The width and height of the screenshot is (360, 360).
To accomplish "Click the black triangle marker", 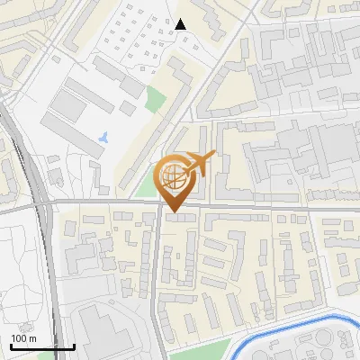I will point(181,24).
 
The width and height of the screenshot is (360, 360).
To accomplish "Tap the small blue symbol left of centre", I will point(105,139).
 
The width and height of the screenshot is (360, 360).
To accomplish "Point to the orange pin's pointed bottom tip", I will point(172,212).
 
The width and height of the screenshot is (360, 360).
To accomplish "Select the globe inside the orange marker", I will point(173,176).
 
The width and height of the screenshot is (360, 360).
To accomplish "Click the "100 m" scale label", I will point(22,338).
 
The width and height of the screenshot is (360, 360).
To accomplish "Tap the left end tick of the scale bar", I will point(10,345).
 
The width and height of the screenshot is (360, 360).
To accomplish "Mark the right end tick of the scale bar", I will point(74,345).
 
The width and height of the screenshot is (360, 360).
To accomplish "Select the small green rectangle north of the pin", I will point(157,97).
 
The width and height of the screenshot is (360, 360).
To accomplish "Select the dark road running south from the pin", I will point(159,270).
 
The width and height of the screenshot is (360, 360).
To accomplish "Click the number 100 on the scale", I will point(18,338).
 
